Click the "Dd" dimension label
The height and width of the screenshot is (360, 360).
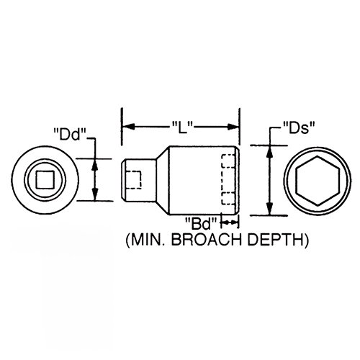70,135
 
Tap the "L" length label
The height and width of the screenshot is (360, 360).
183,127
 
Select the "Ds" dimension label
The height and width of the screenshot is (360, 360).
299,127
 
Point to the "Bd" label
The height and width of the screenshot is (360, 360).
201,223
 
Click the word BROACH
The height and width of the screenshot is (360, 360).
207,240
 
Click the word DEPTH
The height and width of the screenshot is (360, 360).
275,240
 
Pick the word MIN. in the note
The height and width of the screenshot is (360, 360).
145,240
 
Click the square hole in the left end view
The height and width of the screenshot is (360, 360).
45,179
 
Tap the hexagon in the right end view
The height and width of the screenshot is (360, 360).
318,181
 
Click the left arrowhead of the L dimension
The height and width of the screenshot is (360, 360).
128,127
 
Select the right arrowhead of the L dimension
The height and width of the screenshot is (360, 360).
233,127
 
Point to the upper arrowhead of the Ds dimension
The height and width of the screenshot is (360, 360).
270,152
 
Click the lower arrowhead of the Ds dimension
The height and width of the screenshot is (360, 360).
270,209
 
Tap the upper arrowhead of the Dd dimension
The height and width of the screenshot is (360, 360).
95,165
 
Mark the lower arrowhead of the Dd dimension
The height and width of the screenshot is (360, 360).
95,194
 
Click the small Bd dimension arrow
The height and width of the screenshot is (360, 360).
230,223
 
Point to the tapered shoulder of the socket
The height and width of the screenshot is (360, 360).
163,180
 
